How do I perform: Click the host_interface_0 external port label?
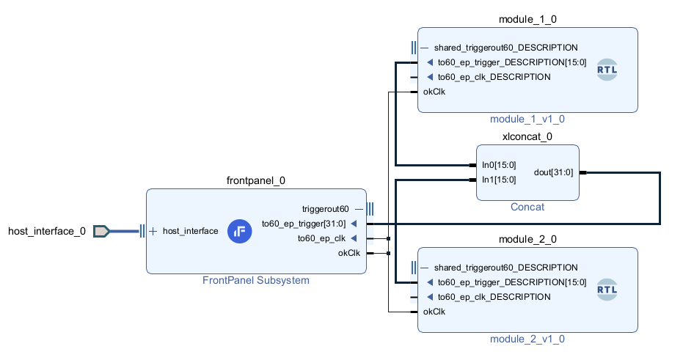point(46,232)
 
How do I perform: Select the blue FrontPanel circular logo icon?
point(239,231)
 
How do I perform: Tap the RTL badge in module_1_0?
point(607,70)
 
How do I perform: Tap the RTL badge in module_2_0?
point(607,290)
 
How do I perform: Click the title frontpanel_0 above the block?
point(255,180)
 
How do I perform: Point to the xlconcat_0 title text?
point(527,136)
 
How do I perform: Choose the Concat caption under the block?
point(527,207)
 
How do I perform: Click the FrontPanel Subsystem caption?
point(255,280)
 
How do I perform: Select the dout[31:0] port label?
point(555,172)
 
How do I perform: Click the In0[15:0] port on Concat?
point(499,165)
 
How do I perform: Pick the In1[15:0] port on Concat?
point(499,180)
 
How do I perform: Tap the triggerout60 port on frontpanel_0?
point(326,209)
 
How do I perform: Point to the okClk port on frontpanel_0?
point(348,253)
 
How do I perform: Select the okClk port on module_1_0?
point(434,92)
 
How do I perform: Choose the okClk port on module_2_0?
point(434,312)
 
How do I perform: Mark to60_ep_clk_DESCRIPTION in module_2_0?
point(493,297)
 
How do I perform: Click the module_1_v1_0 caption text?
point(527,119)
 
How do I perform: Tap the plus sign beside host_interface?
point(153,231)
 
